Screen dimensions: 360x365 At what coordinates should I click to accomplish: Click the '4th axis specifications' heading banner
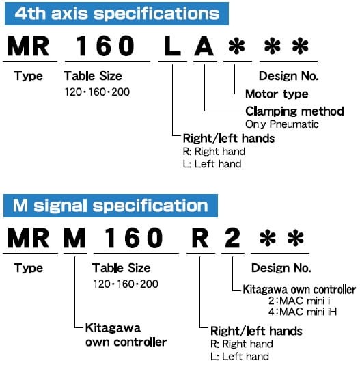coord(117,14)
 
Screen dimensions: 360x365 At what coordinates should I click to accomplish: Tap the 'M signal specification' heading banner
coord(111,206)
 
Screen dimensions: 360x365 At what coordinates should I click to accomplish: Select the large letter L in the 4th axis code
coord(172,46)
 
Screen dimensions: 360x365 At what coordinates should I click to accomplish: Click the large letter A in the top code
coord(204,46)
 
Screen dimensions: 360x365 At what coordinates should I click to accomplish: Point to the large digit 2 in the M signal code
coord(232,238)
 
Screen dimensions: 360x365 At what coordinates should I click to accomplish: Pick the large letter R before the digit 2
coord(200,238)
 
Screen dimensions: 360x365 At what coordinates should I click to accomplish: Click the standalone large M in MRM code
coord(74,238)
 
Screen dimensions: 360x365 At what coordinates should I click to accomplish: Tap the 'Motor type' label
coord(277,94)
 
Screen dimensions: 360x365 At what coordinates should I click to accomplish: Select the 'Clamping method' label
coord(294,111)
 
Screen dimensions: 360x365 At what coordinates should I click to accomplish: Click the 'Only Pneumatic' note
coord(282,124)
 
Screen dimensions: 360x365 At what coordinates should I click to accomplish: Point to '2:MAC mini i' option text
coord(299,301)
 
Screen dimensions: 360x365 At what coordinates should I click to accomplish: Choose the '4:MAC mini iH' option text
coord(303,312)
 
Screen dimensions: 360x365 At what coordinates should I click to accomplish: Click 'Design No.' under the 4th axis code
coord(288,76)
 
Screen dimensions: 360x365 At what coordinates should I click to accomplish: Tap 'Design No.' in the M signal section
coord(281,268)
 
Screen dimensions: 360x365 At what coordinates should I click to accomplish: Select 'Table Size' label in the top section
coord(93,76)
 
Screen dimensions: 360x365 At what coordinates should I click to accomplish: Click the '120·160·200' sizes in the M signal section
coord(126,284)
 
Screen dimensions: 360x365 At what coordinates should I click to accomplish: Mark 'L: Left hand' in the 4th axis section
coord(212,164)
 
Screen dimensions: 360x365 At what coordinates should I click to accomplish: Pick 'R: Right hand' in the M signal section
coord(242,344)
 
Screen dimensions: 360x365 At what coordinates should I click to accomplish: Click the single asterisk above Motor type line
coord(237,46)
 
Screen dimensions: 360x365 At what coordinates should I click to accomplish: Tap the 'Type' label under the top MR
coord(29,77)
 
